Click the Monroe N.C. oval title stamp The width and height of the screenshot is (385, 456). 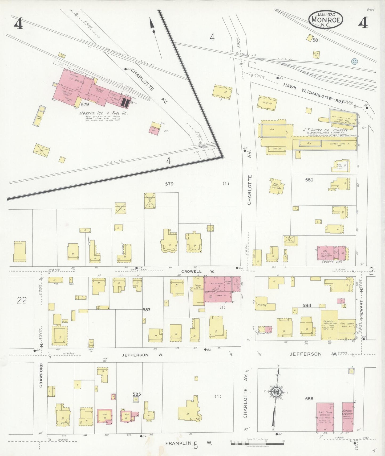pyautogui.click(x=326, y=19)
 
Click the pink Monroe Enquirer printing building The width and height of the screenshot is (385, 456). pyautogui.click(x=348, y=417)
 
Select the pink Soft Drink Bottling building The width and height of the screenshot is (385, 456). pyautogui.click(x=325, y=417)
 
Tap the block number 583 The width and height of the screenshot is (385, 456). pyautogui.click(x=146, y=310)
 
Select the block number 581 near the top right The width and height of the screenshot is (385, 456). pyautogui.click(x=316, y=40)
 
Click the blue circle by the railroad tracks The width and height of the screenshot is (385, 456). pyautogui.click(x=354, y=61)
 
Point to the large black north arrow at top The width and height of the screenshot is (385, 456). pyautogui.click(x=152, y=25)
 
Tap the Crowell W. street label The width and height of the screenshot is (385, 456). pyautogui.click(x=197, y=271)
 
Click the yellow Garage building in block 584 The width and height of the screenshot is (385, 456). pyautogui.click(x=329, y=325)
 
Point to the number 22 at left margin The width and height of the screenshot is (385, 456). pyautogui.click(x=22, y=301)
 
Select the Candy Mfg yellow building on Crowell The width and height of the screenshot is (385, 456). pyautogui.click(x=198, y=291)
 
